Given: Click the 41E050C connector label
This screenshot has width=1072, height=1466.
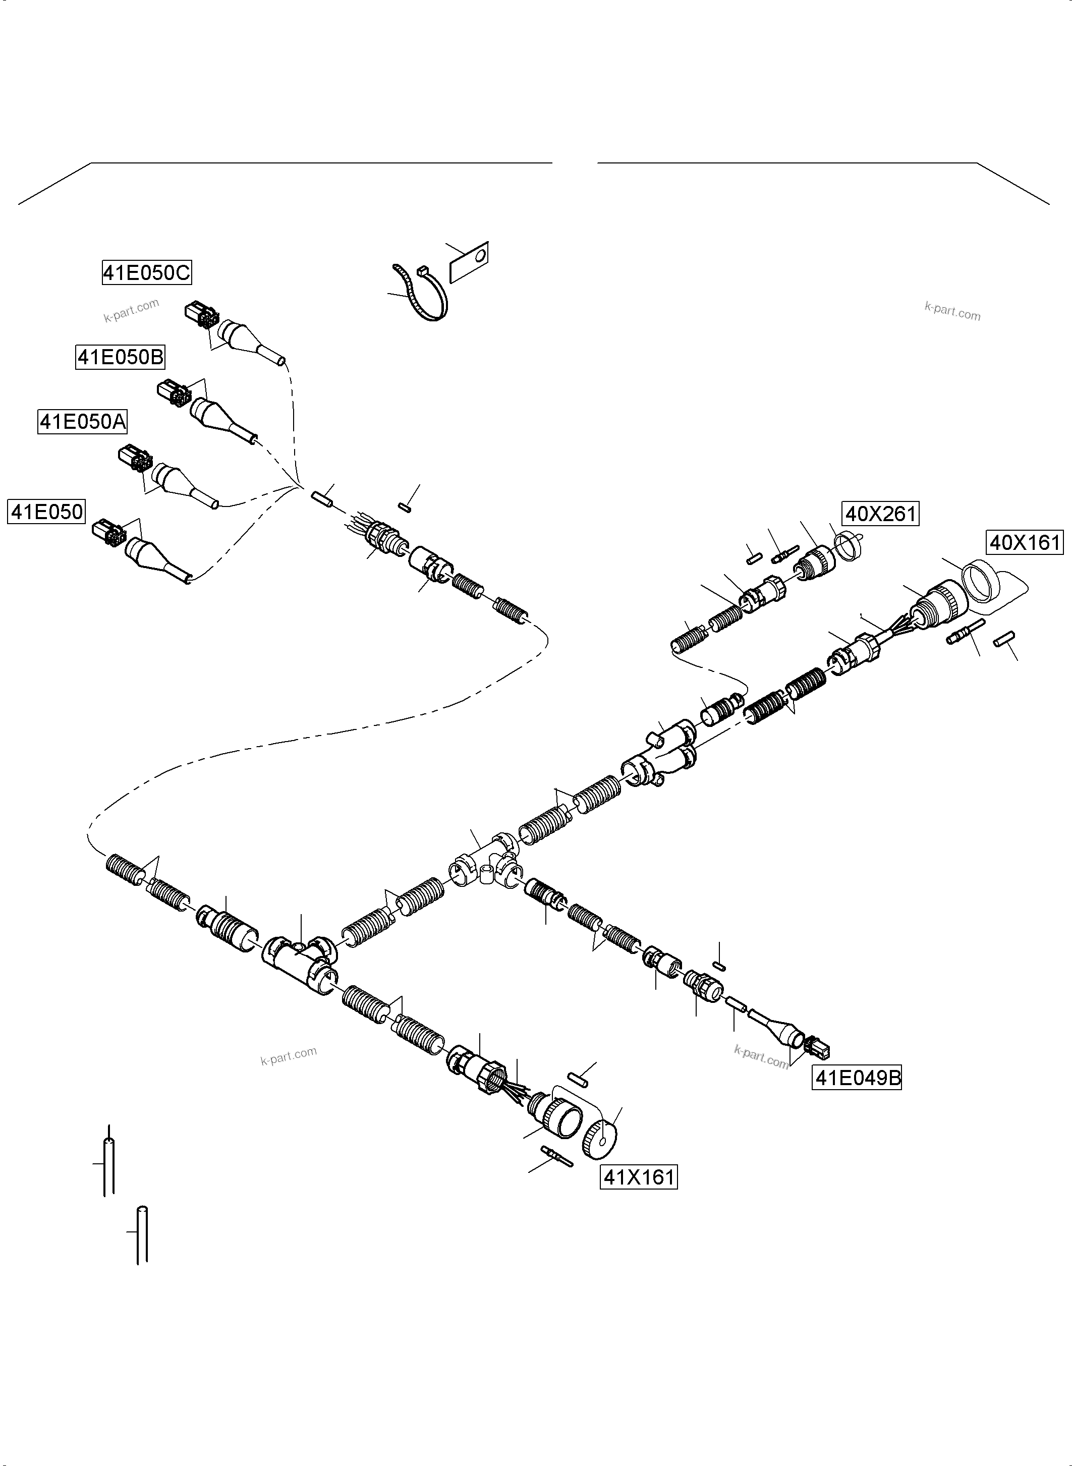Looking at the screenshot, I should (147, 272).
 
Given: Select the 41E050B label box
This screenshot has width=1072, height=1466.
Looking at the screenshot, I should (121, 357).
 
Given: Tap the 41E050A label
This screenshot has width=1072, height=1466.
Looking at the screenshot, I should (82, 422).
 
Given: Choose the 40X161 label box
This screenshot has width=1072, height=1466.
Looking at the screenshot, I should (1025, 542).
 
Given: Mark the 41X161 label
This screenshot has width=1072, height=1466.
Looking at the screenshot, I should (639, 1176).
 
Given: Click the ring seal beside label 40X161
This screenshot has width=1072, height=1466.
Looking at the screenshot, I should (980, 582).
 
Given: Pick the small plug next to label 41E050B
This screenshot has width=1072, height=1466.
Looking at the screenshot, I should (172, 392).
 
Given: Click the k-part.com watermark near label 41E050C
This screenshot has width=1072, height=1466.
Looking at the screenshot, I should (131, 310).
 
